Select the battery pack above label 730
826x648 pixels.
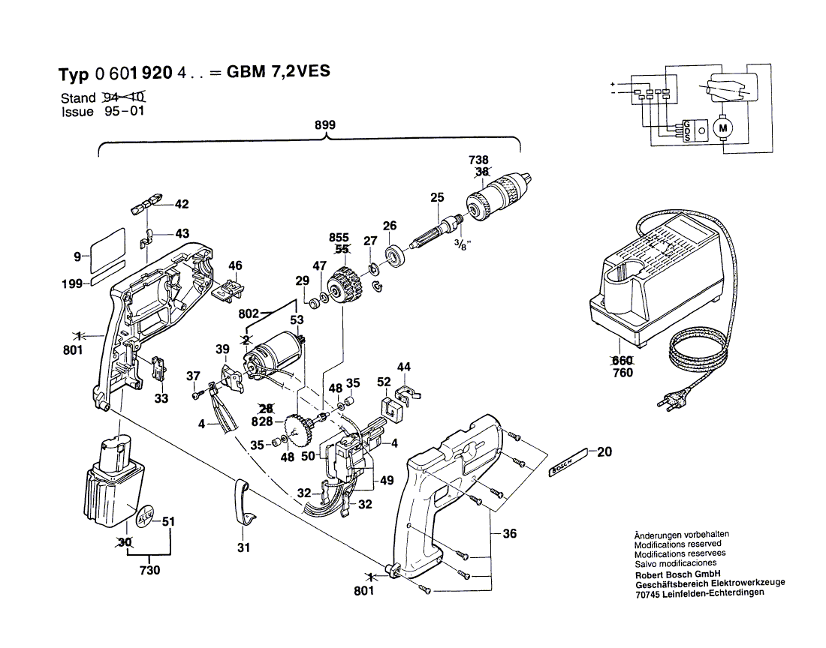(x=113, y=483)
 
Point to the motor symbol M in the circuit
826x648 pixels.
(x=724, y=129)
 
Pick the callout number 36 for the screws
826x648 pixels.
(x=510, y=534)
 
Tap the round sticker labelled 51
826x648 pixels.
(x=146, y=518)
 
